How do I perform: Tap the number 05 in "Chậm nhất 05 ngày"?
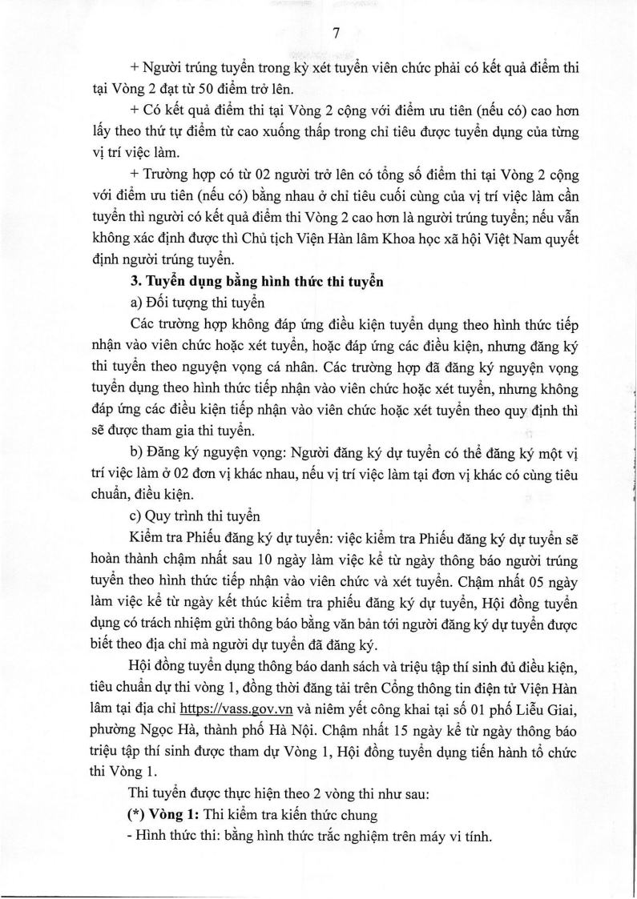546,575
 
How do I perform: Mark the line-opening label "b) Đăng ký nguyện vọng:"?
204,451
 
